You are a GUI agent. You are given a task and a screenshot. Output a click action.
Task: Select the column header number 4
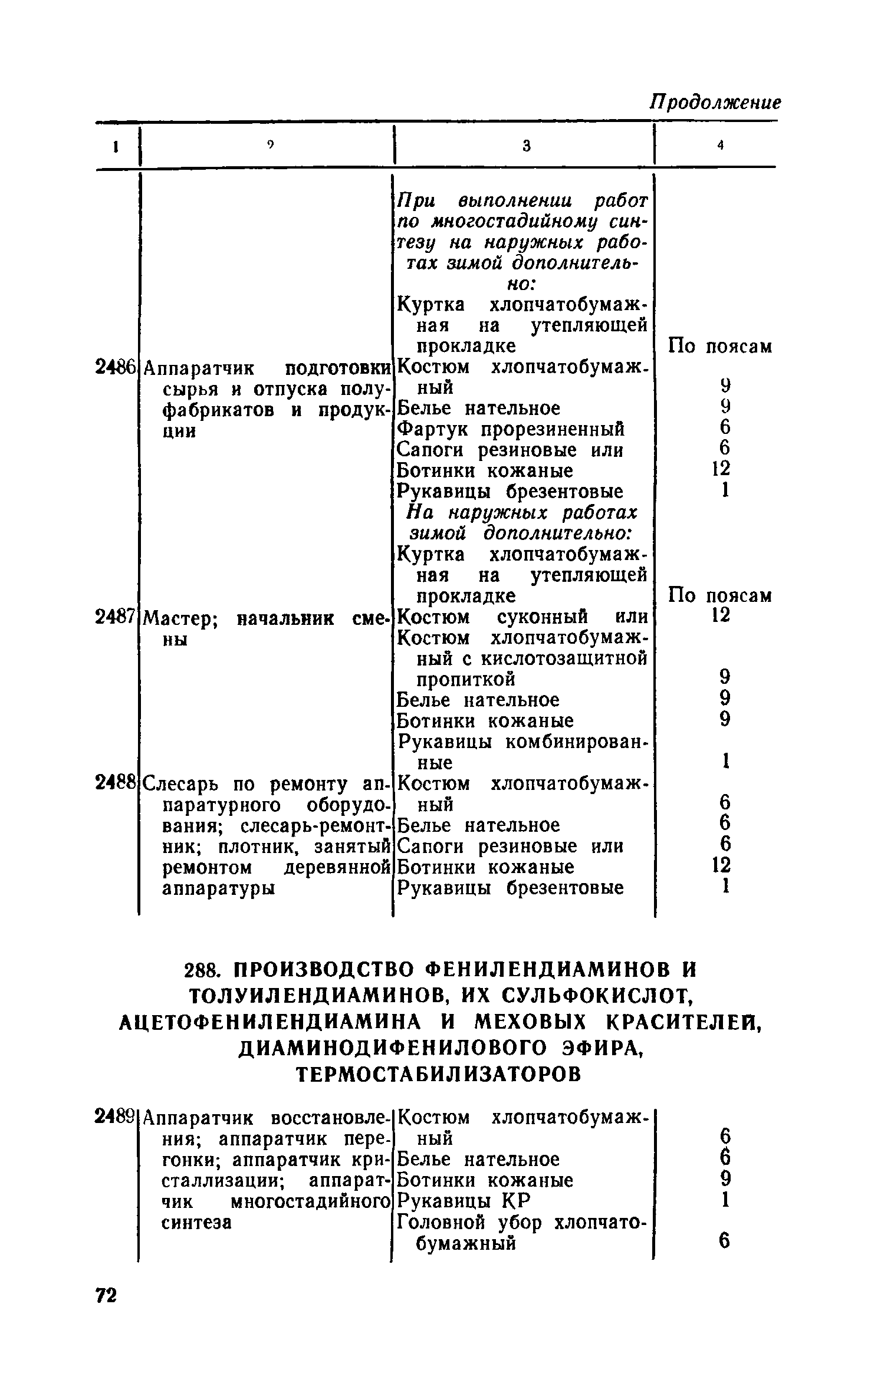coord(720,147)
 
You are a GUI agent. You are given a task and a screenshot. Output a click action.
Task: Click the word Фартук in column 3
coord(435,429)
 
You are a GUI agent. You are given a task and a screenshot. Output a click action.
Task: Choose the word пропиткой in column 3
coord(466,679)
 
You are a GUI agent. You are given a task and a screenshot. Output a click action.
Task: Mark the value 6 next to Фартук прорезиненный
coord(725,427)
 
